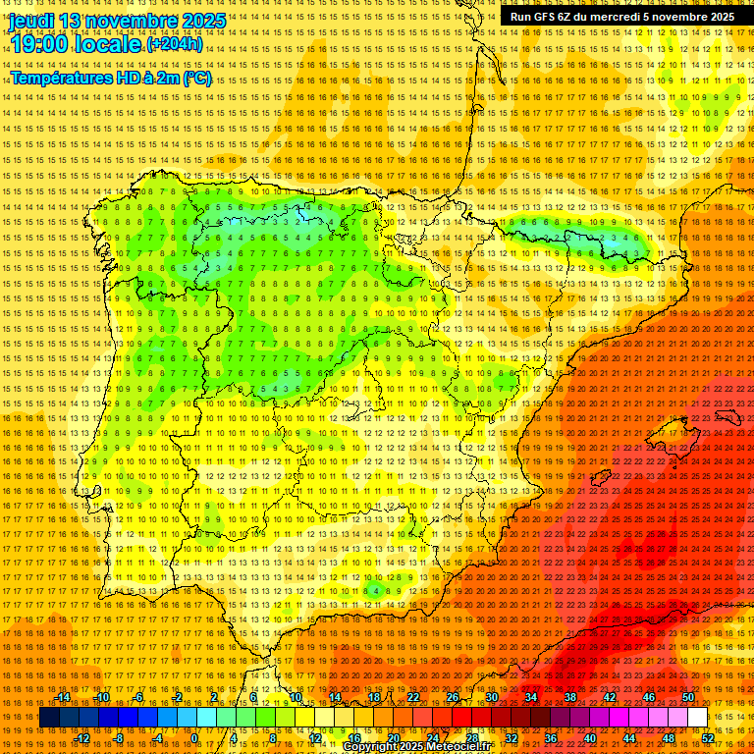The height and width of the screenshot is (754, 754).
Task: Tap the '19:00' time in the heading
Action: point(38,44)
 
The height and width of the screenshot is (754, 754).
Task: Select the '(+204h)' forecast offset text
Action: point(175,44)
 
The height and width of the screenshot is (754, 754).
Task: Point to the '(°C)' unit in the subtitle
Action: point(196,78)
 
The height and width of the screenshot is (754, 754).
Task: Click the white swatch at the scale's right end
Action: point(697,718)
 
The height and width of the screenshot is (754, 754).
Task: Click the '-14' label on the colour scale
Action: point(63,697)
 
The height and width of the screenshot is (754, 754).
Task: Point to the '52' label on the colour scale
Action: point(708,737)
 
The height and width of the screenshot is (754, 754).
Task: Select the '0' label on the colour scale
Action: point(194,737)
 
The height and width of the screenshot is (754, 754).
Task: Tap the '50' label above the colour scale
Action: point(687,697)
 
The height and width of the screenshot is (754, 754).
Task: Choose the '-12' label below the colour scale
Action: point(82,737)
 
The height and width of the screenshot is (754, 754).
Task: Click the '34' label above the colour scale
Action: point(531,697)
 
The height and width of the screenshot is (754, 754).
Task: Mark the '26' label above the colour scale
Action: point(453,697)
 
